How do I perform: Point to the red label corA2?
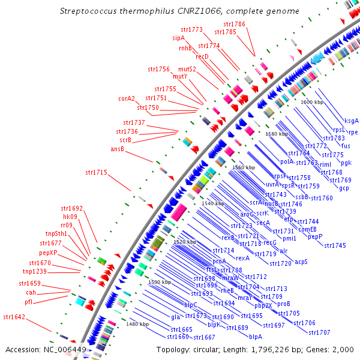127,98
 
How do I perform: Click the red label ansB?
117,149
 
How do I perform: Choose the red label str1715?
96,173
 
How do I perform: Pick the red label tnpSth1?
56,233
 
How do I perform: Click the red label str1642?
14,316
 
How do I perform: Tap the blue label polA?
286,161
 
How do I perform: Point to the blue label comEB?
307,229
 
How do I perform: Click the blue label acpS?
301,262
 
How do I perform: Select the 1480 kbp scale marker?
137,324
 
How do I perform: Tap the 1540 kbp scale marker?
213,204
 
